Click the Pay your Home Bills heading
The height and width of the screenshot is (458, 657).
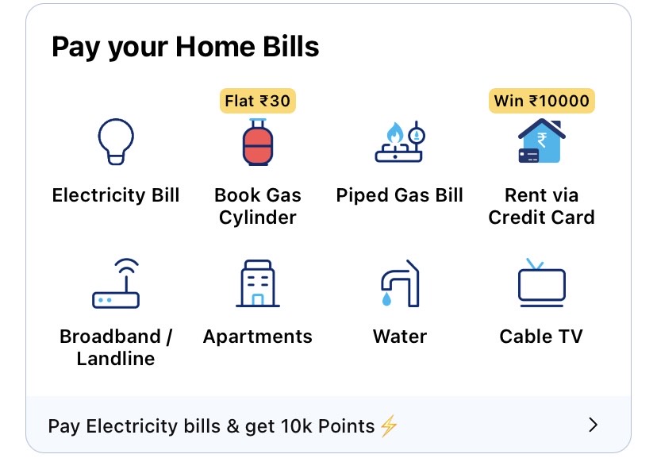click(x=185, y=47)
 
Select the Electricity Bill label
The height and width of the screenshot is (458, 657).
click(x=116, y=195)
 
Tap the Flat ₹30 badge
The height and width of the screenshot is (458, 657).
click(x=257, y=101)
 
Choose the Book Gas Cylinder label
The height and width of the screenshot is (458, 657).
click(x=257, y=206)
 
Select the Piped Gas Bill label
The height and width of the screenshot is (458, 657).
click(x=399, y=195)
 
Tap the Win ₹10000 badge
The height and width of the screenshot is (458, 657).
click(x=541, y=101)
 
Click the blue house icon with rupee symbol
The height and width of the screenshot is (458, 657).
click(x=540, y=142)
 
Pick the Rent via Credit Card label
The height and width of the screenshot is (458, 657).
click(x=541, y=206)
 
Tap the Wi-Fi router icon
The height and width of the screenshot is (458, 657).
click(x=116, y=283)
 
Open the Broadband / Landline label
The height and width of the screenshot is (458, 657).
click(x=116, y=347)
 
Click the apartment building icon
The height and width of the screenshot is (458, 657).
click(x=257, y=283)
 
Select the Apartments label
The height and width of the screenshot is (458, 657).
click(x=257, y=337)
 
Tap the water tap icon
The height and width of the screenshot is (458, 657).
click(x=399, y=283)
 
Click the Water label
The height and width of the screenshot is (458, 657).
click(x=399, y=337)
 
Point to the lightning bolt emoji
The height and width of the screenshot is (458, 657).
click(x=388, y=425)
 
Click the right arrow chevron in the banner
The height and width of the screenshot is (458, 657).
click(x=592, y=425)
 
